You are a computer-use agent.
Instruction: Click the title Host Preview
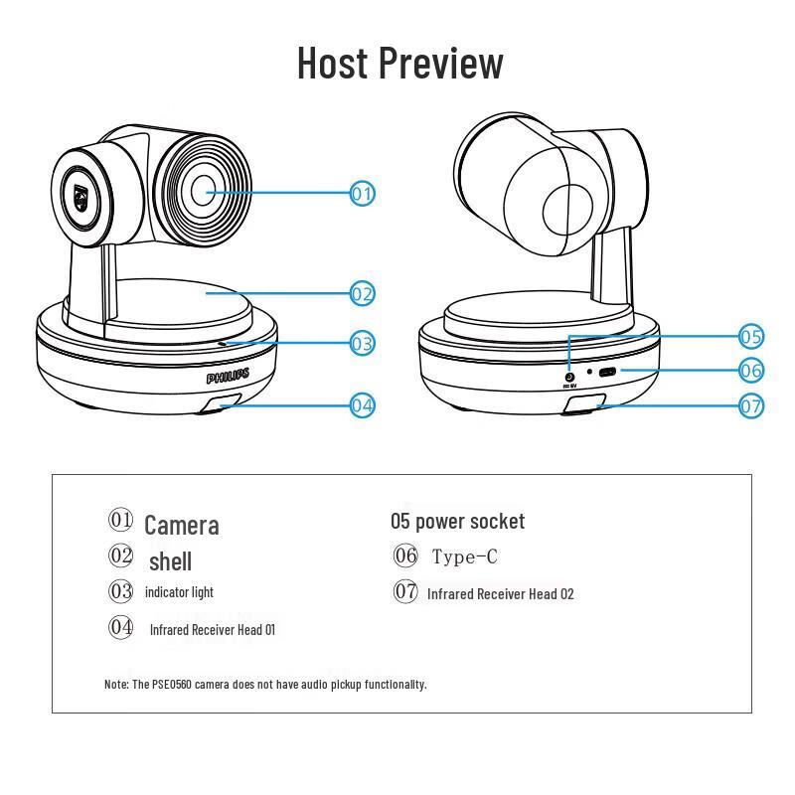[x=399, y=63]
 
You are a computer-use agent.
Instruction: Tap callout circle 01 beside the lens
[x=363, y=193]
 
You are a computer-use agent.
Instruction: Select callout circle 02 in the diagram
[x=363, y=293]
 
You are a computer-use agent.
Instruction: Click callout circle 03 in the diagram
[x=363, y=344]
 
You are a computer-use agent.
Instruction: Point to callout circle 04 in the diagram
[x=363, y=404]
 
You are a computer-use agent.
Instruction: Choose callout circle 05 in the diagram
[x=751, y=336]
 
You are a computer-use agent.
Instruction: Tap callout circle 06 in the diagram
[x=751, y=370]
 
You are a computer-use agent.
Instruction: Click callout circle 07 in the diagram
[x=751, y=405]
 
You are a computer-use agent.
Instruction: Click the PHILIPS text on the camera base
[x=228, y=377]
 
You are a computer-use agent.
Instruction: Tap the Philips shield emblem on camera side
[x=79, y=194]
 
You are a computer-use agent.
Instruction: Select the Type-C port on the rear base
[x=606, y=372]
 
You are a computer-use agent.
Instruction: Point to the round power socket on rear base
[x=568, y=376]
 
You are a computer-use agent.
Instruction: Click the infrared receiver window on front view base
[x=221, y=403]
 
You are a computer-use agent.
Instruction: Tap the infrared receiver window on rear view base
[x=585, y=403]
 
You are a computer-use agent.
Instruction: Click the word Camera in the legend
[x=181, y=525]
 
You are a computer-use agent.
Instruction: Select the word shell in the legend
[x=170, y=561]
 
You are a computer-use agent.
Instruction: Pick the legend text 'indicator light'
[x=179, y=592]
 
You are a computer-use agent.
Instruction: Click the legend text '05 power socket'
[x=457, y=521]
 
